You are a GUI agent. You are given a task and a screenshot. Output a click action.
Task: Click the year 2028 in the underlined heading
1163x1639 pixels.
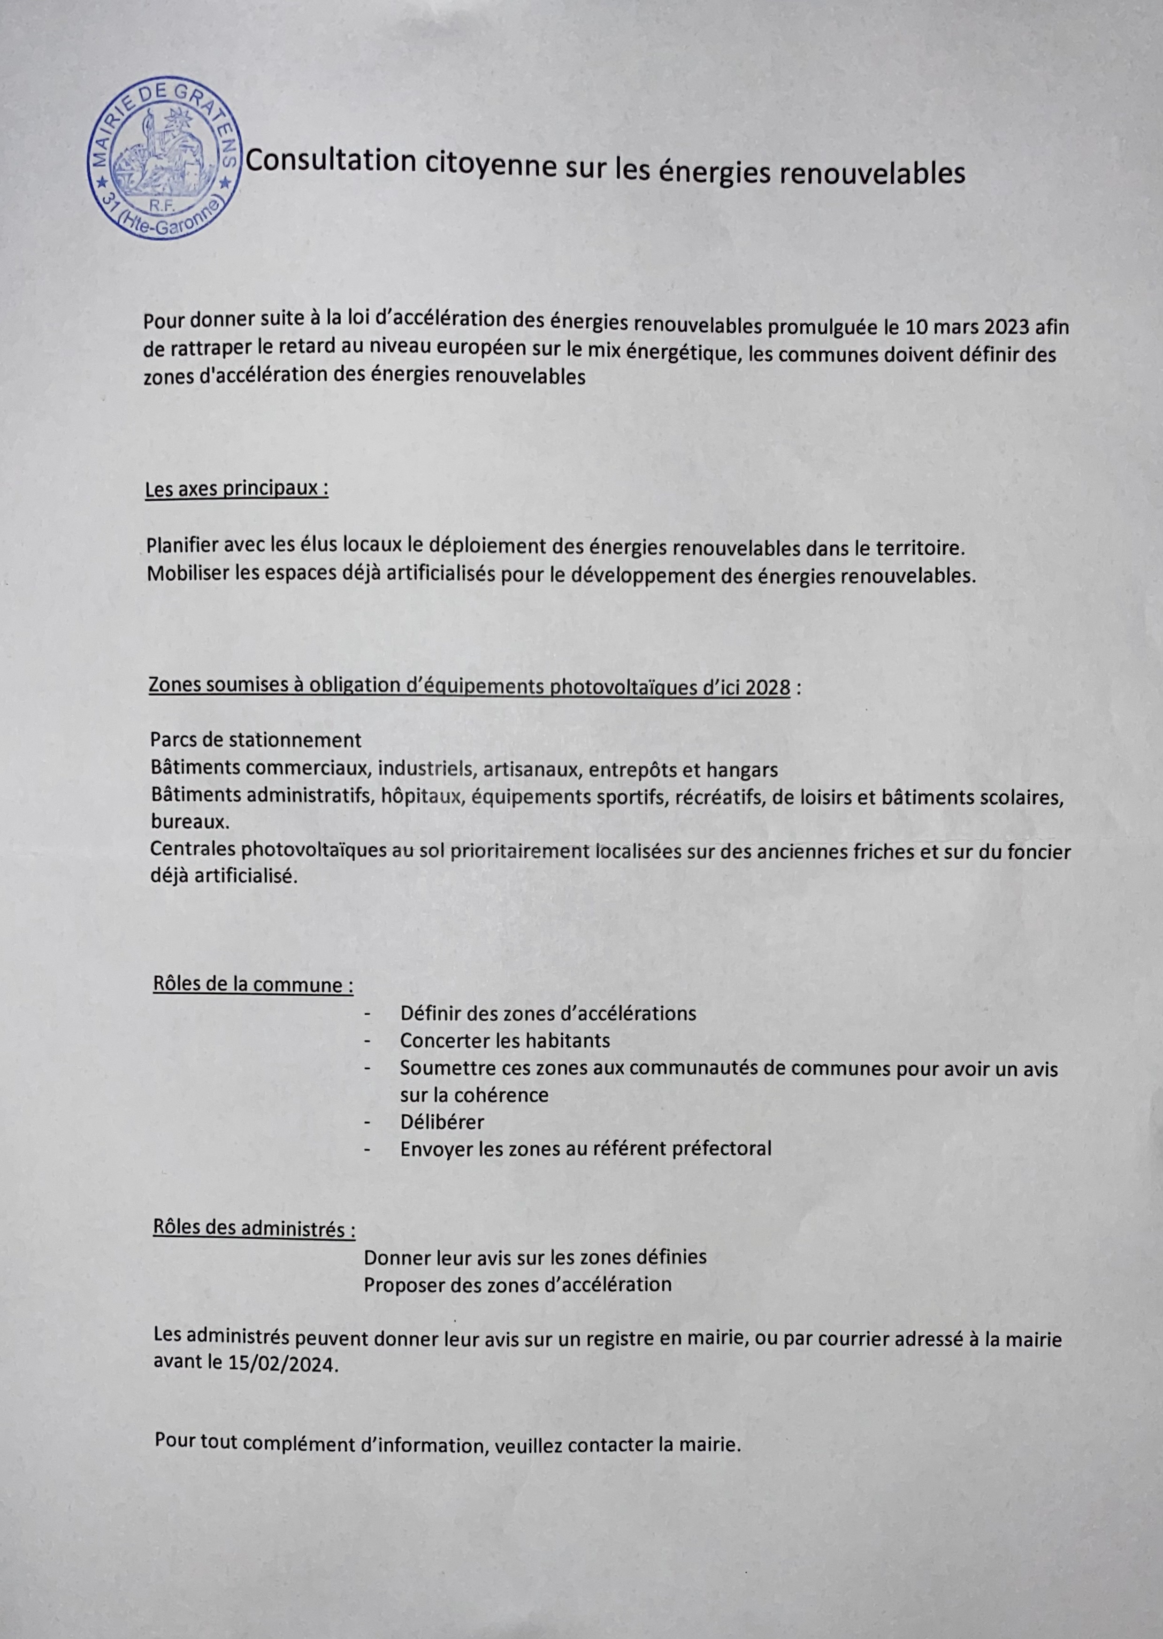pos(768,688)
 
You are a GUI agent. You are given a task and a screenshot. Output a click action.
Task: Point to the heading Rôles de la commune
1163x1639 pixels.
pos(253,985)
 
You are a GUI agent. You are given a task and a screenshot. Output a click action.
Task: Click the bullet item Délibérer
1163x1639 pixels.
pos(442,1121)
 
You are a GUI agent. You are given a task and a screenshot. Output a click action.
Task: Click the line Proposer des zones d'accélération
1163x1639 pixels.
pos(517,1284)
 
